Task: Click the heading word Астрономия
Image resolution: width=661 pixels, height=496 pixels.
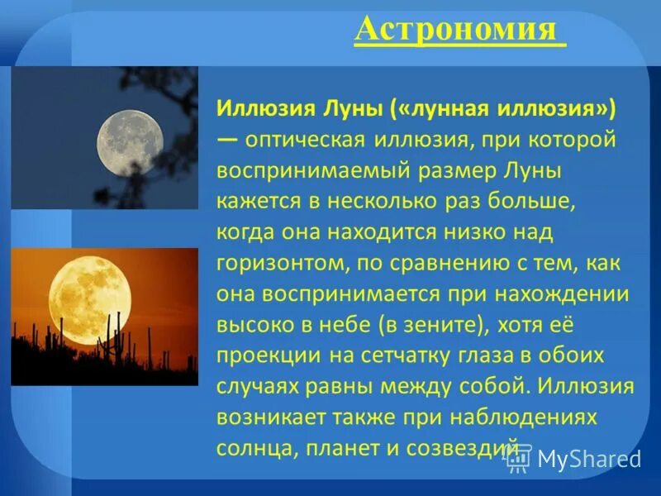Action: coord(459,31)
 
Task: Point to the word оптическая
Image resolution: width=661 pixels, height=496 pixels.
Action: coord(306,140)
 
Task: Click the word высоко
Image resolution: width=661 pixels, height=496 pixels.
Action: coord(253,325)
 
